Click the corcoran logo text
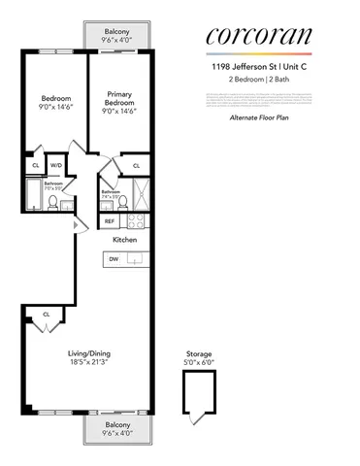click(258, 36)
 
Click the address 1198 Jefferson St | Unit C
click(258, 66)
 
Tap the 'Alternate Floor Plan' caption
click(258, 116)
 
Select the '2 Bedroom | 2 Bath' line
click(258, 79)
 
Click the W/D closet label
click(56, 165)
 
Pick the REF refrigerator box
click(110, 221)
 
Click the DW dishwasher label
click(114, 259)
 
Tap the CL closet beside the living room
click(46, 314)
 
